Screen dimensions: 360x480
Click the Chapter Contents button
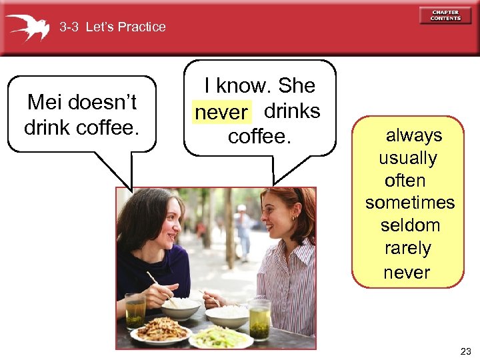pyautogui.click(x=445, y=15)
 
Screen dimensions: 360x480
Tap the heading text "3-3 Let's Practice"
pyautogui.click(x=112, y=27)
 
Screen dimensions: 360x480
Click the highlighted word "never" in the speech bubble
pyautogui.click(x=221, y=113)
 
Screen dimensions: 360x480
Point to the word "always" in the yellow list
pyautogui.click(x=414, y=135)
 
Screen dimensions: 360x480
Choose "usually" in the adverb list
pyautogui.click(x=408, y=158)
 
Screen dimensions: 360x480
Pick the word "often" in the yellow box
pyautogui.click(x=405, y=181)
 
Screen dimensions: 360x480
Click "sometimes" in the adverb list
pyautogui.click(x=409, y=203)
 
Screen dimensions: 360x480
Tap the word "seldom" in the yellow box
pyautogui.click(x=410, y=225)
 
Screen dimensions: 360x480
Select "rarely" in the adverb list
pyautogui.click(x=408, y=248)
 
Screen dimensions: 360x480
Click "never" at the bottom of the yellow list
pyautogui.click(x=407, y=272)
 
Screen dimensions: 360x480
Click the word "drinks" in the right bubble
pyautogui.click(x=292, y=111)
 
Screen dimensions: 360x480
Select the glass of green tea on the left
pyautogui.click(x=135, y=311)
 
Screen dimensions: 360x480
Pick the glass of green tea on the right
pyautogui.click(x=259, y=318)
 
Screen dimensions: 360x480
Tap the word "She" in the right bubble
pyautogui.click(x=296, y=85)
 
